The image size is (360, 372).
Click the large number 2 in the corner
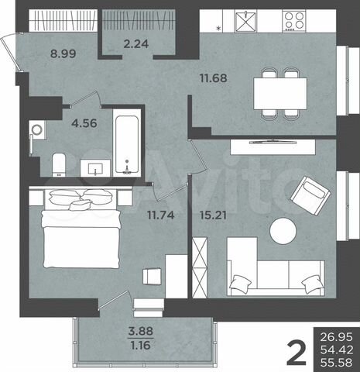295,348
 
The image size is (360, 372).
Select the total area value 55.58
334,362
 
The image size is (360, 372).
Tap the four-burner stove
295,22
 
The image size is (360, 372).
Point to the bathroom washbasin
96,168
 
